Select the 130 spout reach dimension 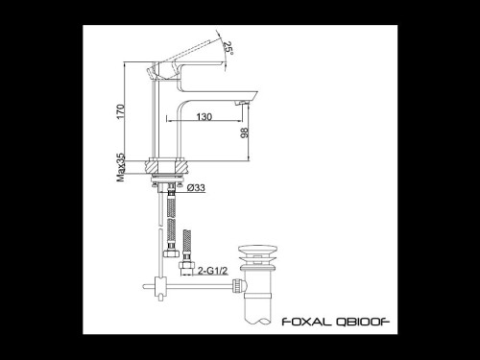tap(204, 116)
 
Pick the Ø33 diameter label tap(195, 188)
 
